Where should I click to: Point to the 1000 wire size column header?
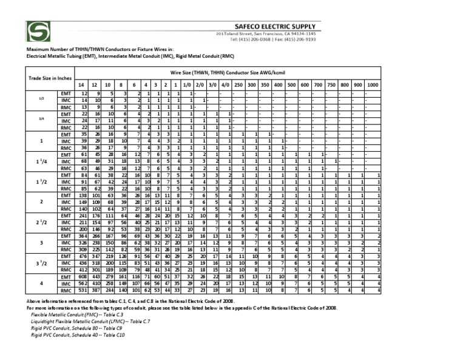pos(372,84)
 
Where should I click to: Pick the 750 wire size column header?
pos(331,84)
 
